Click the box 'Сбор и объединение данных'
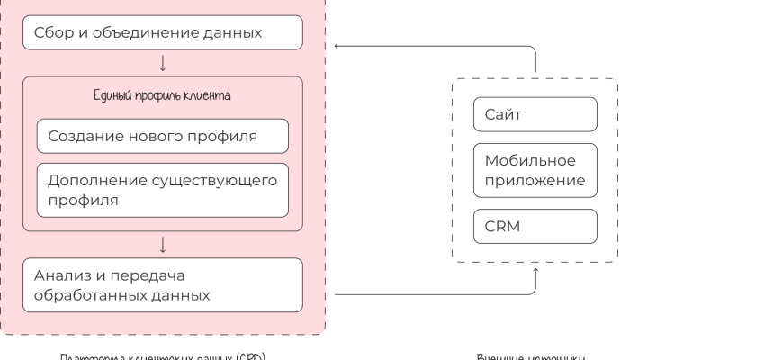(162, 34)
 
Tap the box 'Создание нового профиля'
(162, 136)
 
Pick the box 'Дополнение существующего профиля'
(162, 190)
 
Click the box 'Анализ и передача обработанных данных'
(162, 283)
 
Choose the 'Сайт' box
(535, 114)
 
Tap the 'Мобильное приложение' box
(535, 171)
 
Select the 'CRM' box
(535, 227)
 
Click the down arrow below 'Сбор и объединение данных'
(162, 63)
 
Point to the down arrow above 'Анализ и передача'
(162, 244)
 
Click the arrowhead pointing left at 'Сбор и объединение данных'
(337, 45)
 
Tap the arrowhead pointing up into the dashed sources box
(535, 269)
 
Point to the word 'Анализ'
(61, 274)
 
